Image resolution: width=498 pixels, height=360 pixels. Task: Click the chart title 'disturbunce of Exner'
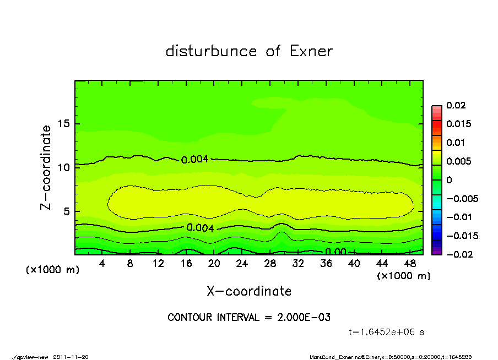tap(249, 51)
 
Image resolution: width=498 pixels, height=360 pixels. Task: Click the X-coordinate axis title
tap(249, 291)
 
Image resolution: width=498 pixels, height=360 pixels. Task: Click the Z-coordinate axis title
tap(46, 167)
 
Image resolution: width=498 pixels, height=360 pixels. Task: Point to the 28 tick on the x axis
tap(270, 264)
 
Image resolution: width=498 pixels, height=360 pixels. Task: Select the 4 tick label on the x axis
tap(102, 264)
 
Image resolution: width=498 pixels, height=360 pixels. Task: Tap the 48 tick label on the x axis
tap(410, 264)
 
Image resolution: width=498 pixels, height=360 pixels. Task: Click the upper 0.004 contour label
tap(194, 160)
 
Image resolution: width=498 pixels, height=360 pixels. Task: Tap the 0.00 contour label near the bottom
tap(335, 252)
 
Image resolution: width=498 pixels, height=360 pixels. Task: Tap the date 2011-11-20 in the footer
tap(71, 357)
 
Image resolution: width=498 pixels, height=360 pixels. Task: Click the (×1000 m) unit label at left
tap(50, 270)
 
